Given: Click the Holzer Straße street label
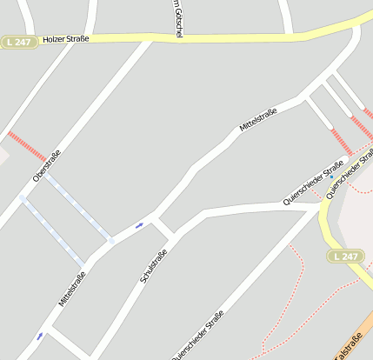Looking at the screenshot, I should (x=67, y=39).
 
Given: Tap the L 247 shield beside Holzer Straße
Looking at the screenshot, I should (x=18, y=41).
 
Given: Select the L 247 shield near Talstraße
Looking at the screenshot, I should (x=346, y=256).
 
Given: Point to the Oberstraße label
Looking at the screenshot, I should (x=47, y=165).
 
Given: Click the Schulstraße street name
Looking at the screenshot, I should (x=153, y=266).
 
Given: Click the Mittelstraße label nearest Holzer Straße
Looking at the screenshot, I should (x=258, y=120).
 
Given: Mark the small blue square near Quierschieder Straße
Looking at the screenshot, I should (x=331, y=177).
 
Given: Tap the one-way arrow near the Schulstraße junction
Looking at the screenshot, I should (x=140, y=226).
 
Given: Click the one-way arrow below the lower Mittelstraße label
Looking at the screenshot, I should (x=39, y=336).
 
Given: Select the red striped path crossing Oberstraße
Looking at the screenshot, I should (x=27, y=147).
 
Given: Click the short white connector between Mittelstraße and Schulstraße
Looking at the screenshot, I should (x=163, y=227).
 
